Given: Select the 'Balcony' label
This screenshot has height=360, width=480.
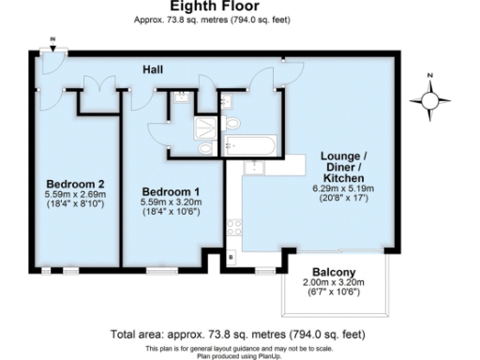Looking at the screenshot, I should [x=327, y=271].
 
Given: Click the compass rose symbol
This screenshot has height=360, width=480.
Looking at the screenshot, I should [x=430, y=97].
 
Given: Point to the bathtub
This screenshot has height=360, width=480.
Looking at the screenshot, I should [x=249, y=145].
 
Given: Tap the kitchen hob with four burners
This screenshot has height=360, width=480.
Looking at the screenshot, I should [x=233, y=228].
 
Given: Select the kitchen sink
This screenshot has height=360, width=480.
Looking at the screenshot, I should [x=255, y=167].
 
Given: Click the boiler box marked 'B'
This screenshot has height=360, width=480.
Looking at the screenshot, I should [x=232, y=257].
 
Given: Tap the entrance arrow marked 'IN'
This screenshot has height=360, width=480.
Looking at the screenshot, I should [x=52, y=42].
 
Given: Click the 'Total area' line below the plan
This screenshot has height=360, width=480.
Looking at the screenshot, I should [x=239, y=334].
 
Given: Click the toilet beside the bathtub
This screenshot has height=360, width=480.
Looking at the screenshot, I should [x=235, y=126].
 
